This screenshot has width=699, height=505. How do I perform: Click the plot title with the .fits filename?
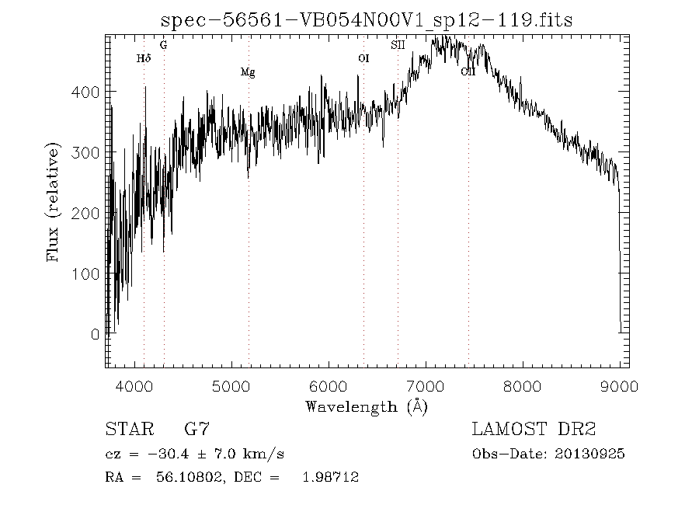pos(366,20)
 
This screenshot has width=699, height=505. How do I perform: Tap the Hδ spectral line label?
pos(143,58)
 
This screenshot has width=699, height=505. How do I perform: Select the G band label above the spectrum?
pos(163,45)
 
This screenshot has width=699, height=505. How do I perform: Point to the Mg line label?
pos(248,72)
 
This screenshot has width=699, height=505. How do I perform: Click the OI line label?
pos(363,58)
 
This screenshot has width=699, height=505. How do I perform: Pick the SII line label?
pos(398,45)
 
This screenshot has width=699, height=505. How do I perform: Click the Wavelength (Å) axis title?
pos(367,406)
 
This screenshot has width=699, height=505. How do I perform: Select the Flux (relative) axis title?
pos(54,202)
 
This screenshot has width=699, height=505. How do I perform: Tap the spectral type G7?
pos(196,429)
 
